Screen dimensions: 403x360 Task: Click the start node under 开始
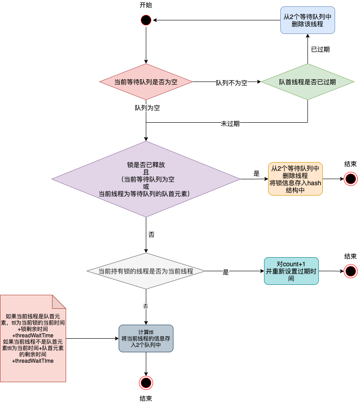[x=146, y=20]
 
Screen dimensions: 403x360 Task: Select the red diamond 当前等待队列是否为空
[x=146, y=82]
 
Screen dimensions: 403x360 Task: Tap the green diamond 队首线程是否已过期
[x=307, y=82]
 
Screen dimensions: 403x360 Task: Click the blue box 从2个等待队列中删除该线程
[x=307, y=20]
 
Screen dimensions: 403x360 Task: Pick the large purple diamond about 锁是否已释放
[x=146, y=179]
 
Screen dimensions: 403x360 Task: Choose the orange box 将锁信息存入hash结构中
[x=295, y=179]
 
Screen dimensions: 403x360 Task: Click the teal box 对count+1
[x=292, y=271]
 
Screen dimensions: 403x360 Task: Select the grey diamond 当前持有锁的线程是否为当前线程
[x=146, y=271]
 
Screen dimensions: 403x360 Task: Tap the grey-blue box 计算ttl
[x=146, y=338]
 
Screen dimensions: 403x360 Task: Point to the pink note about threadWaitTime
[x=33, y=338]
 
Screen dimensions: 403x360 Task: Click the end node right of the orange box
[x=350, y=179]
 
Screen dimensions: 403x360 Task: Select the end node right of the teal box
[x=350, y=271]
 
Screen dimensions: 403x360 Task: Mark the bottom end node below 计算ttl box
[x=146, y=383]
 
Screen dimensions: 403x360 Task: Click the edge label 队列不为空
[x=231, y=83]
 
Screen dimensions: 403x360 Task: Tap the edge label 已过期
[x=320, y=49]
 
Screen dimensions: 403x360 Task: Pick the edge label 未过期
[x=230, y=123]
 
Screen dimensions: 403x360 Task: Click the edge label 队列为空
[x=147, y=108]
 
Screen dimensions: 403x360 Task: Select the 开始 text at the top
[x=146, y=5]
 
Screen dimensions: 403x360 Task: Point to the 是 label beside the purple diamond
[x=256, y=173]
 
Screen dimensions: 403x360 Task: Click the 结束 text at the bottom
[x=146, y=398]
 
